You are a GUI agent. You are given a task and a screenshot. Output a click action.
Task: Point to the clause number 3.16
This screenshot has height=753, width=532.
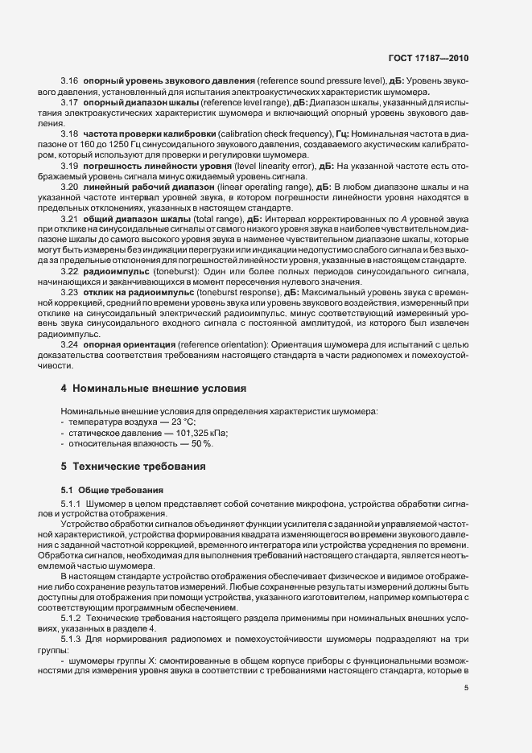(x=69, y=82)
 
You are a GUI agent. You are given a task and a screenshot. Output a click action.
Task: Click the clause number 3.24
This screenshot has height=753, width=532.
(x=69, y=344)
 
